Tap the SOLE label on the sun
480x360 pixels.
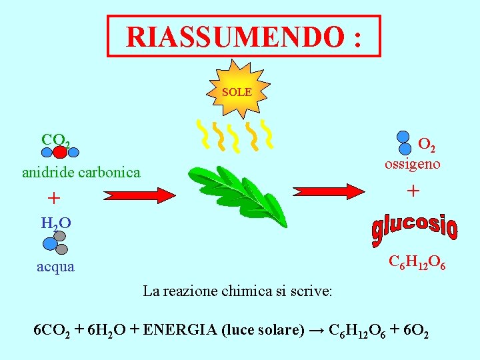pos(237,92)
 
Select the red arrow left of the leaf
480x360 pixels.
pos(139,195)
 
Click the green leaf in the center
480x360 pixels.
pos(237,190)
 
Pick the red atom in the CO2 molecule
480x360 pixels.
pos(59,151)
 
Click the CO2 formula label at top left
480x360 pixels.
pos(55,140)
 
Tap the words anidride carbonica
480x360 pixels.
pos(81,173)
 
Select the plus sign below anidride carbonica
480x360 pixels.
pos(54,199)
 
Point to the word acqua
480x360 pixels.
pos(56,267)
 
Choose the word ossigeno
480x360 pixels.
pos(412,163)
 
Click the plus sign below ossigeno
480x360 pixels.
pos(413,191)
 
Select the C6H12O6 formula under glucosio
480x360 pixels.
pos(417,262)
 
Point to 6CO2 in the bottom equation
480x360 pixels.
pos(53,331)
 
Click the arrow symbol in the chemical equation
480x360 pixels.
pos(317,331)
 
